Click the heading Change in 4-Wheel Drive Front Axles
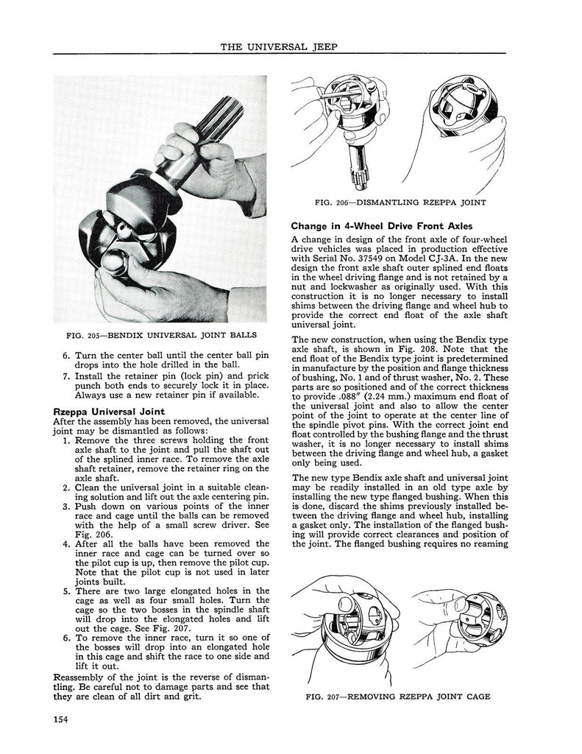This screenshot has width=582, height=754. point(382,225)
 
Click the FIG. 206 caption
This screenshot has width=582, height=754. point(400,202)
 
